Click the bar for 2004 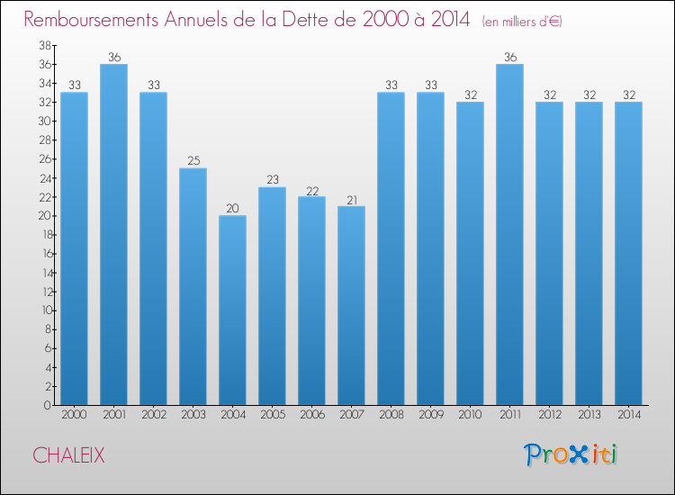(x=232, y=310)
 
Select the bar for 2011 (x=509, y=234)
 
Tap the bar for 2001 (x=113, y=234)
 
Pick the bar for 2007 (x=351, y=305)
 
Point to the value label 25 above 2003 (x=193, y=161)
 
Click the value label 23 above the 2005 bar (x=272, y=180)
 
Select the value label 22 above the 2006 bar (x=311, y=190)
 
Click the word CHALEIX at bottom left (x=68, y=456)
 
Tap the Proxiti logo (x=571, y=454)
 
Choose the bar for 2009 (x=430, y=248)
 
